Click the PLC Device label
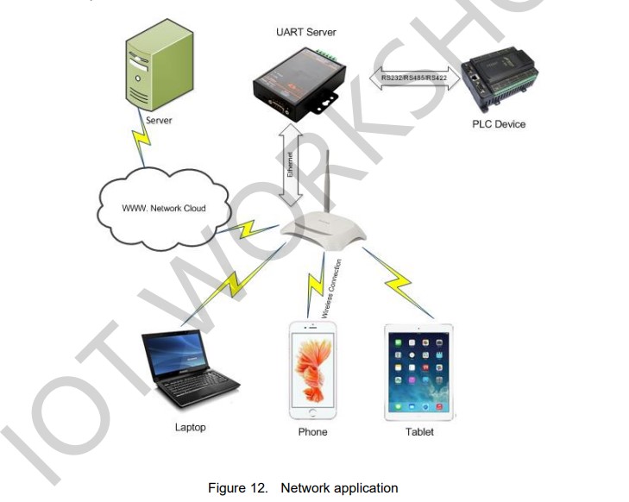498,124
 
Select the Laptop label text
190,427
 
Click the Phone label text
312,431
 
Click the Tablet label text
419,431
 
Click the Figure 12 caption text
303,488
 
